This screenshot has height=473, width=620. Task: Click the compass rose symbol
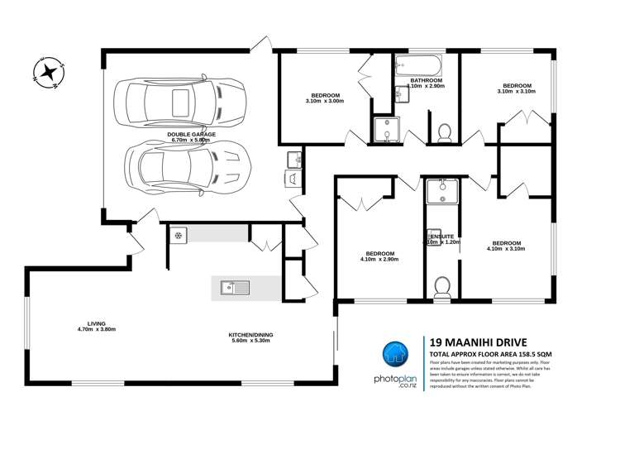tap(50, 71)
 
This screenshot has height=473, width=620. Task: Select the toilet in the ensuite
tap(442, 285)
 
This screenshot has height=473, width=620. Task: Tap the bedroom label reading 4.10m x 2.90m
tap(379, 256)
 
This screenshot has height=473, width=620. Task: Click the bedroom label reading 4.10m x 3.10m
tap(507, 246)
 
